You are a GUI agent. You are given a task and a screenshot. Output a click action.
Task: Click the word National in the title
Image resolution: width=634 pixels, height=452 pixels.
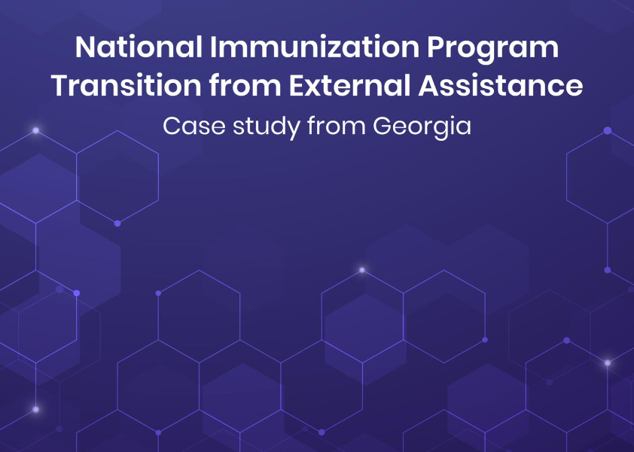coord(139,47)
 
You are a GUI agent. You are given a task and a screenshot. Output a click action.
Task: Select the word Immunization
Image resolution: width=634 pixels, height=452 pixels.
coord(315,47)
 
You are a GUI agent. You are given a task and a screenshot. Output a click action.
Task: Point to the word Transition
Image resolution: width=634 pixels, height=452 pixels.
coord(126,86)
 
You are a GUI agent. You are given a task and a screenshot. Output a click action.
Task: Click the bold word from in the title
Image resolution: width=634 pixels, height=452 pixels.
coord(245,86)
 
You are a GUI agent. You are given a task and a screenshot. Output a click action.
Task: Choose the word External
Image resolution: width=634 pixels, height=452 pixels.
coord(349,86)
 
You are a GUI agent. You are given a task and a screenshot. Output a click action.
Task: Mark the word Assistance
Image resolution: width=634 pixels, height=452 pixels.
coord(501,86)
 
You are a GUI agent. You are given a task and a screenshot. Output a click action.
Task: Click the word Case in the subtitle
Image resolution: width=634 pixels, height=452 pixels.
coord(194,126)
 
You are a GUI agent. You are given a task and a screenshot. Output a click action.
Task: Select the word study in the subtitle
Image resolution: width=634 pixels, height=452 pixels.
coord(267,127)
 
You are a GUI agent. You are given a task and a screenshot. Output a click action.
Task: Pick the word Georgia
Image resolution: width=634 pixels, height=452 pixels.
coord(422,127)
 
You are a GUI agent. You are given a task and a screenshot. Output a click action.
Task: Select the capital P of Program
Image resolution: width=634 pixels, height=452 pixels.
coord(436,47)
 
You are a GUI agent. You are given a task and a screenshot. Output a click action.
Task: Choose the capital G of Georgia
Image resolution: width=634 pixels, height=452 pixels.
coord(383,126)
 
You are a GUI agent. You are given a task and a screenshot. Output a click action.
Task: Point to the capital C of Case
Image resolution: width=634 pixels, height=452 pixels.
coord(172,126)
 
